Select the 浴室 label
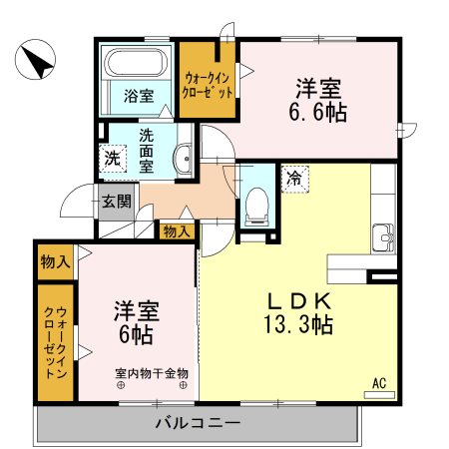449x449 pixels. (139, 97)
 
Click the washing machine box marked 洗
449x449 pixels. (112, 157)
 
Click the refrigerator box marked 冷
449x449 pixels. (294, 179)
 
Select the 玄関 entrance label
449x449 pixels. (116, 201)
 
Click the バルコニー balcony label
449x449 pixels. (198, 423)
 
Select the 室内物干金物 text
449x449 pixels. (152, 374)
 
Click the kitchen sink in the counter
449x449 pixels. (383, 240)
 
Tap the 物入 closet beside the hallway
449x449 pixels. (178, 230)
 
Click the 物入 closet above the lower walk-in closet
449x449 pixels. (55, 262)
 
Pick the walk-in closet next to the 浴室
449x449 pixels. (208, 83)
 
